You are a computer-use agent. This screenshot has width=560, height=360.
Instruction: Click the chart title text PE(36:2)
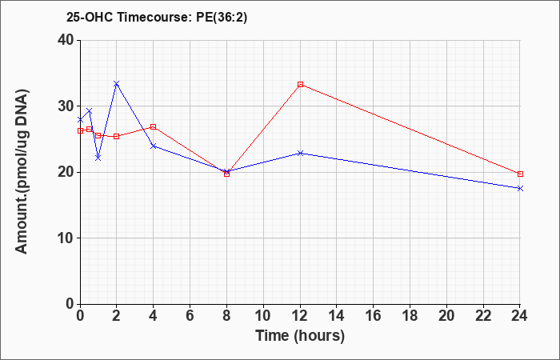coord(222,18)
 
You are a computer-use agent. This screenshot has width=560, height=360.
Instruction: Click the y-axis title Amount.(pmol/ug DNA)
coord(22,172)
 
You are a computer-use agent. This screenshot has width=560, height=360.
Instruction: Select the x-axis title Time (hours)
coord(300,336)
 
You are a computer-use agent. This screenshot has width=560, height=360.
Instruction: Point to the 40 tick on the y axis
coord(66,40)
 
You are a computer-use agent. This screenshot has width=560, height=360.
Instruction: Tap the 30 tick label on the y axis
coord(66,106)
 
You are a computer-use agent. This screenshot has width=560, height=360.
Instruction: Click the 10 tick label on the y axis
coord(66,238)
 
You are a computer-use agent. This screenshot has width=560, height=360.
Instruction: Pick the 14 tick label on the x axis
coord(337,316)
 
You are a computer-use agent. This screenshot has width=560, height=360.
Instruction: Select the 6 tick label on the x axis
coord(190,316)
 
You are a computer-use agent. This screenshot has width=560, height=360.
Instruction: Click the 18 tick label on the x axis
coord(410,316)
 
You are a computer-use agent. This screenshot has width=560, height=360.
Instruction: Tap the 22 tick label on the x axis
coord(483,316)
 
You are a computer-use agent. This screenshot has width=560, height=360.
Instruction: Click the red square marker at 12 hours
coord(300,85)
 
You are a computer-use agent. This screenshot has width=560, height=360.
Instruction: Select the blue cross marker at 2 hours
coord(117,83)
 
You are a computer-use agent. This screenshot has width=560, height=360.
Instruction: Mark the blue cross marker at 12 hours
coord(300,154)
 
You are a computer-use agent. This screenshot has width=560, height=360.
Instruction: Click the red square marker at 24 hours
coord(520,174)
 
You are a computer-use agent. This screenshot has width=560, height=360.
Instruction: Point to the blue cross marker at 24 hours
coord(520,188)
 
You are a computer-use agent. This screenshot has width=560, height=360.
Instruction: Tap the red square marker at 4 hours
coord(154,126)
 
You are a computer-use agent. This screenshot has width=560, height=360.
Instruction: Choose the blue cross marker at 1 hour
coord(98,158)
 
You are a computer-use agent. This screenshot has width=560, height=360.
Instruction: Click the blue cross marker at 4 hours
coord(154,146)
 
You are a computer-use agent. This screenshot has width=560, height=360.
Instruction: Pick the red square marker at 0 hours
coord(80,130)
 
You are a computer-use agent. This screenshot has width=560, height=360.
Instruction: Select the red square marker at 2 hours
coord(117,137)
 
